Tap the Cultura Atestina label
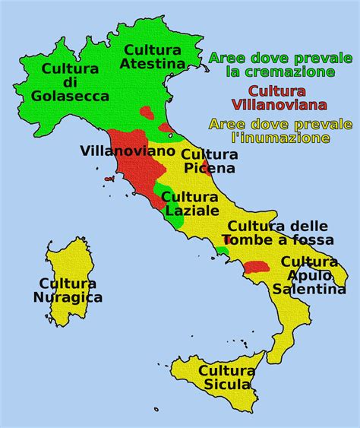(x=151, y=57)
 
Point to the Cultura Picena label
(x=209, y=161)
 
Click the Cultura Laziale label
(x=191, y=203)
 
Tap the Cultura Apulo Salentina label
(x=309, y=275)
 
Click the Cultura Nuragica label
(x=68, y=290)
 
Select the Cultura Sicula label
(x=226, y=378)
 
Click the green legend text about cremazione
(x=281, y=65)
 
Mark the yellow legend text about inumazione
(x=279, y=131)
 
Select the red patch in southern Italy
(x=257, y=266)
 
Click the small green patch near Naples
(x=221, y=250)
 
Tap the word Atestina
(x=151, y=64)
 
